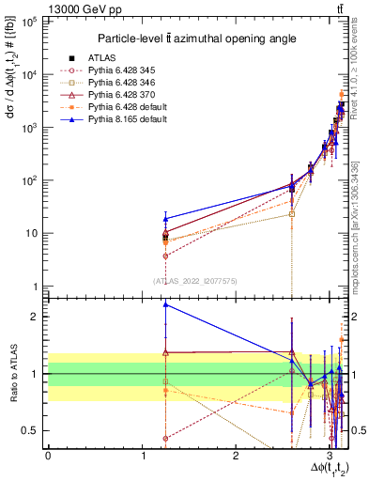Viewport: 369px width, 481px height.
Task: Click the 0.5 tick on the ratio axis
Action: (33, 430)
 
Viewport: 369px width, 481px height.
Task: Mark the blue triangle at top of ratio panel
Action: (165, 304)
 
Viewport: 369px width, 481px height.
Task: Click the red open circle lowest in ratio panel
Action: (165, 439)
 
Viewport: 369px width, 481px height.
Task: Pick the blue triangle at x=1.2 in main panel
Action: (165, 219)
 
